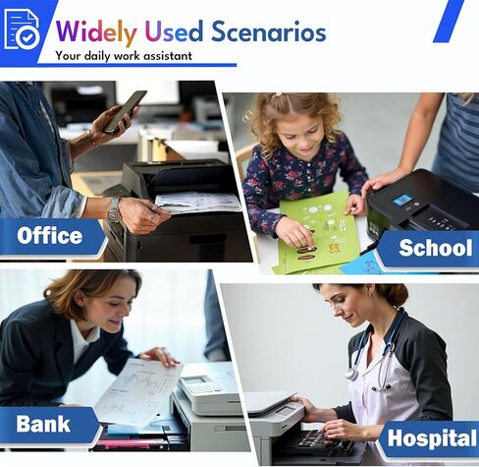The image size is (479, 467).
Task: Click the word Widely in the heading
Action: pyautogui.click(x=96, y=32)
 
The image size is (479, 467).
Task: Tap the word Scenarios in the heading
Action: pyautogui.click(x=269, y=31)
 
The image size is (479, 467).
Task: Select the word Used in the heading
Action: pyautogui.click(x=174, y=31)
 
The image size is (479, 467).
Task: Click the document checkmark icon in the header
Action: pyautogui.click(x=22, y=29)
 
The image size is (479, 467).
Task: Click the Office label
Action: pyautogui.click(x=50, y=235)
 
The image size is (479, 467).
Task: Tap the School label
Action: pyautogui.click(x=436, y=248)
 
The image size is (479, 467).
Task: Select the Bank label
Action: pyautogui.click(x=43, y=423)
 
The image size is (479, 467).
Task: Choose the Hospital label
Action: pyautogui.click(x=432, y=438)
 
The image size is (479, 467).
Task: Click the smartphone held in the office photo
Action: pyautogui.click(x=125, y=111)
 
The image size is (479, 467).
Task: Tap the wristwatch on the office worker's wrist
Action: pyautogui.click(x=114, y=210)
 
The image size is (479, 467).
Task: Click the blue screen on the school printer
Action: pyautogui.click(x=402, y=200)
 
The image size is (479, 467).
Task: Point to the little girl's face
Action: pyautogui.click(x=303, y=136)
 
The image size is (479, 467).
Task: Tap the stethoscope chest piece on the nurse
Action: pyautogui.click(x=351, y=374)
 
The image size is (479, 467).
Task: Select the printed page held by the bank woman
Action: pyautogui.click(x=139, y=392)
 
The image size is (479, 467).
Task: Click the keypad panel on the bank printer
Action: pyautogui.click(x=203, y=386)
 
